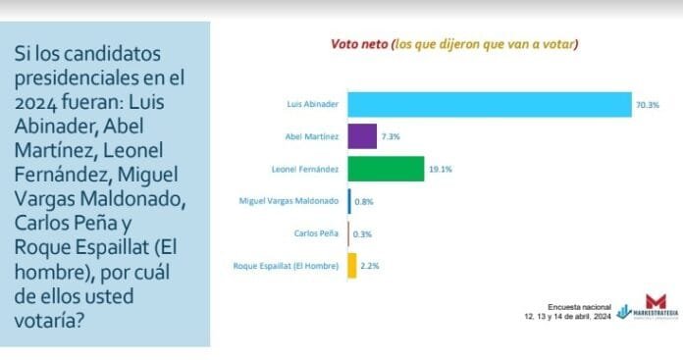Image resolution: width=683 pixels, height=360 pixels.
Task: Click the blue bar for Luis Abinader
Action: click(489, 104)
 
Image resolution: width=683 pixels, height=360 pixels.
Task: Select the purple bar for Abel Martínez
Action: click(362, 136)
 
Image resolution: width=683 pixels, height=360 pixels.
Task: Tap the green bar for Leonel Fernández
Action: click(386, 169)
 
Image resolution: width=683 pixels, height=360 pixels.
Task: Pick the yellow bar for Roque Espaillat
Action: click(352, 265)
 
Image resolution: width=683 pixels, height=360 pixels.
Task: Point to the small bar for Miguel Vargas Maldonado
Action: click(349, 201)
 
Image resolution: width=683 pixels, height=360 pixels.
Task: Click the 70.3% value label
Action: click(647, 104)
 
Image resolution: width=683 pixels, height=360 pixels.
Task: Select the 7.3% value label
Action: click(391, 136)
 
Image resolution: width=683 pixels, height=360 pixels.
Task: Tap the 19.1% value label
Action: click(440, 169)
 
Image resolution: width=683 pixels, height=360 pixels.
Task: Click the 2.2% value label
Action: click(371, 265)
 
